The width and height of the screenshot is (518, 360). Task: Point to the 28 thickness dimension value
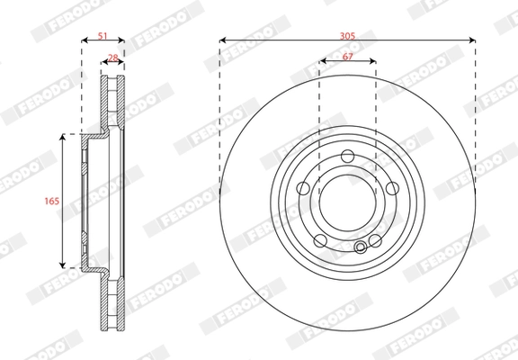pyautogui.click(x=112, y=58)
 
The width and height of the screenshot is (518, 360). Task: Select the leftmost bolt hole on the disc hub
pyautogui.click(x=303, y=188)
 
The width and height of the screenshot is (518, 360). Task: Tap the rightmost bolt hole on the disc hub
pyautogui.click(x=393, y=188)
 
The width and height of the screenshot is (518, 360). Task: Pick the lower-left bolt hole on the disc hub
pyautogui.click(x=320, y=241)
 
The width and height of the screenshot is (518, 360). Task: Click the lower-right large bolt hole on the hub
pyautogui.click(x=376, y=241)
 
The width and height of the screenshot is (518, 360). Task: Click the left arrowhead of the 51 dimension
pyautogui.click(x=84, y=40)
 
